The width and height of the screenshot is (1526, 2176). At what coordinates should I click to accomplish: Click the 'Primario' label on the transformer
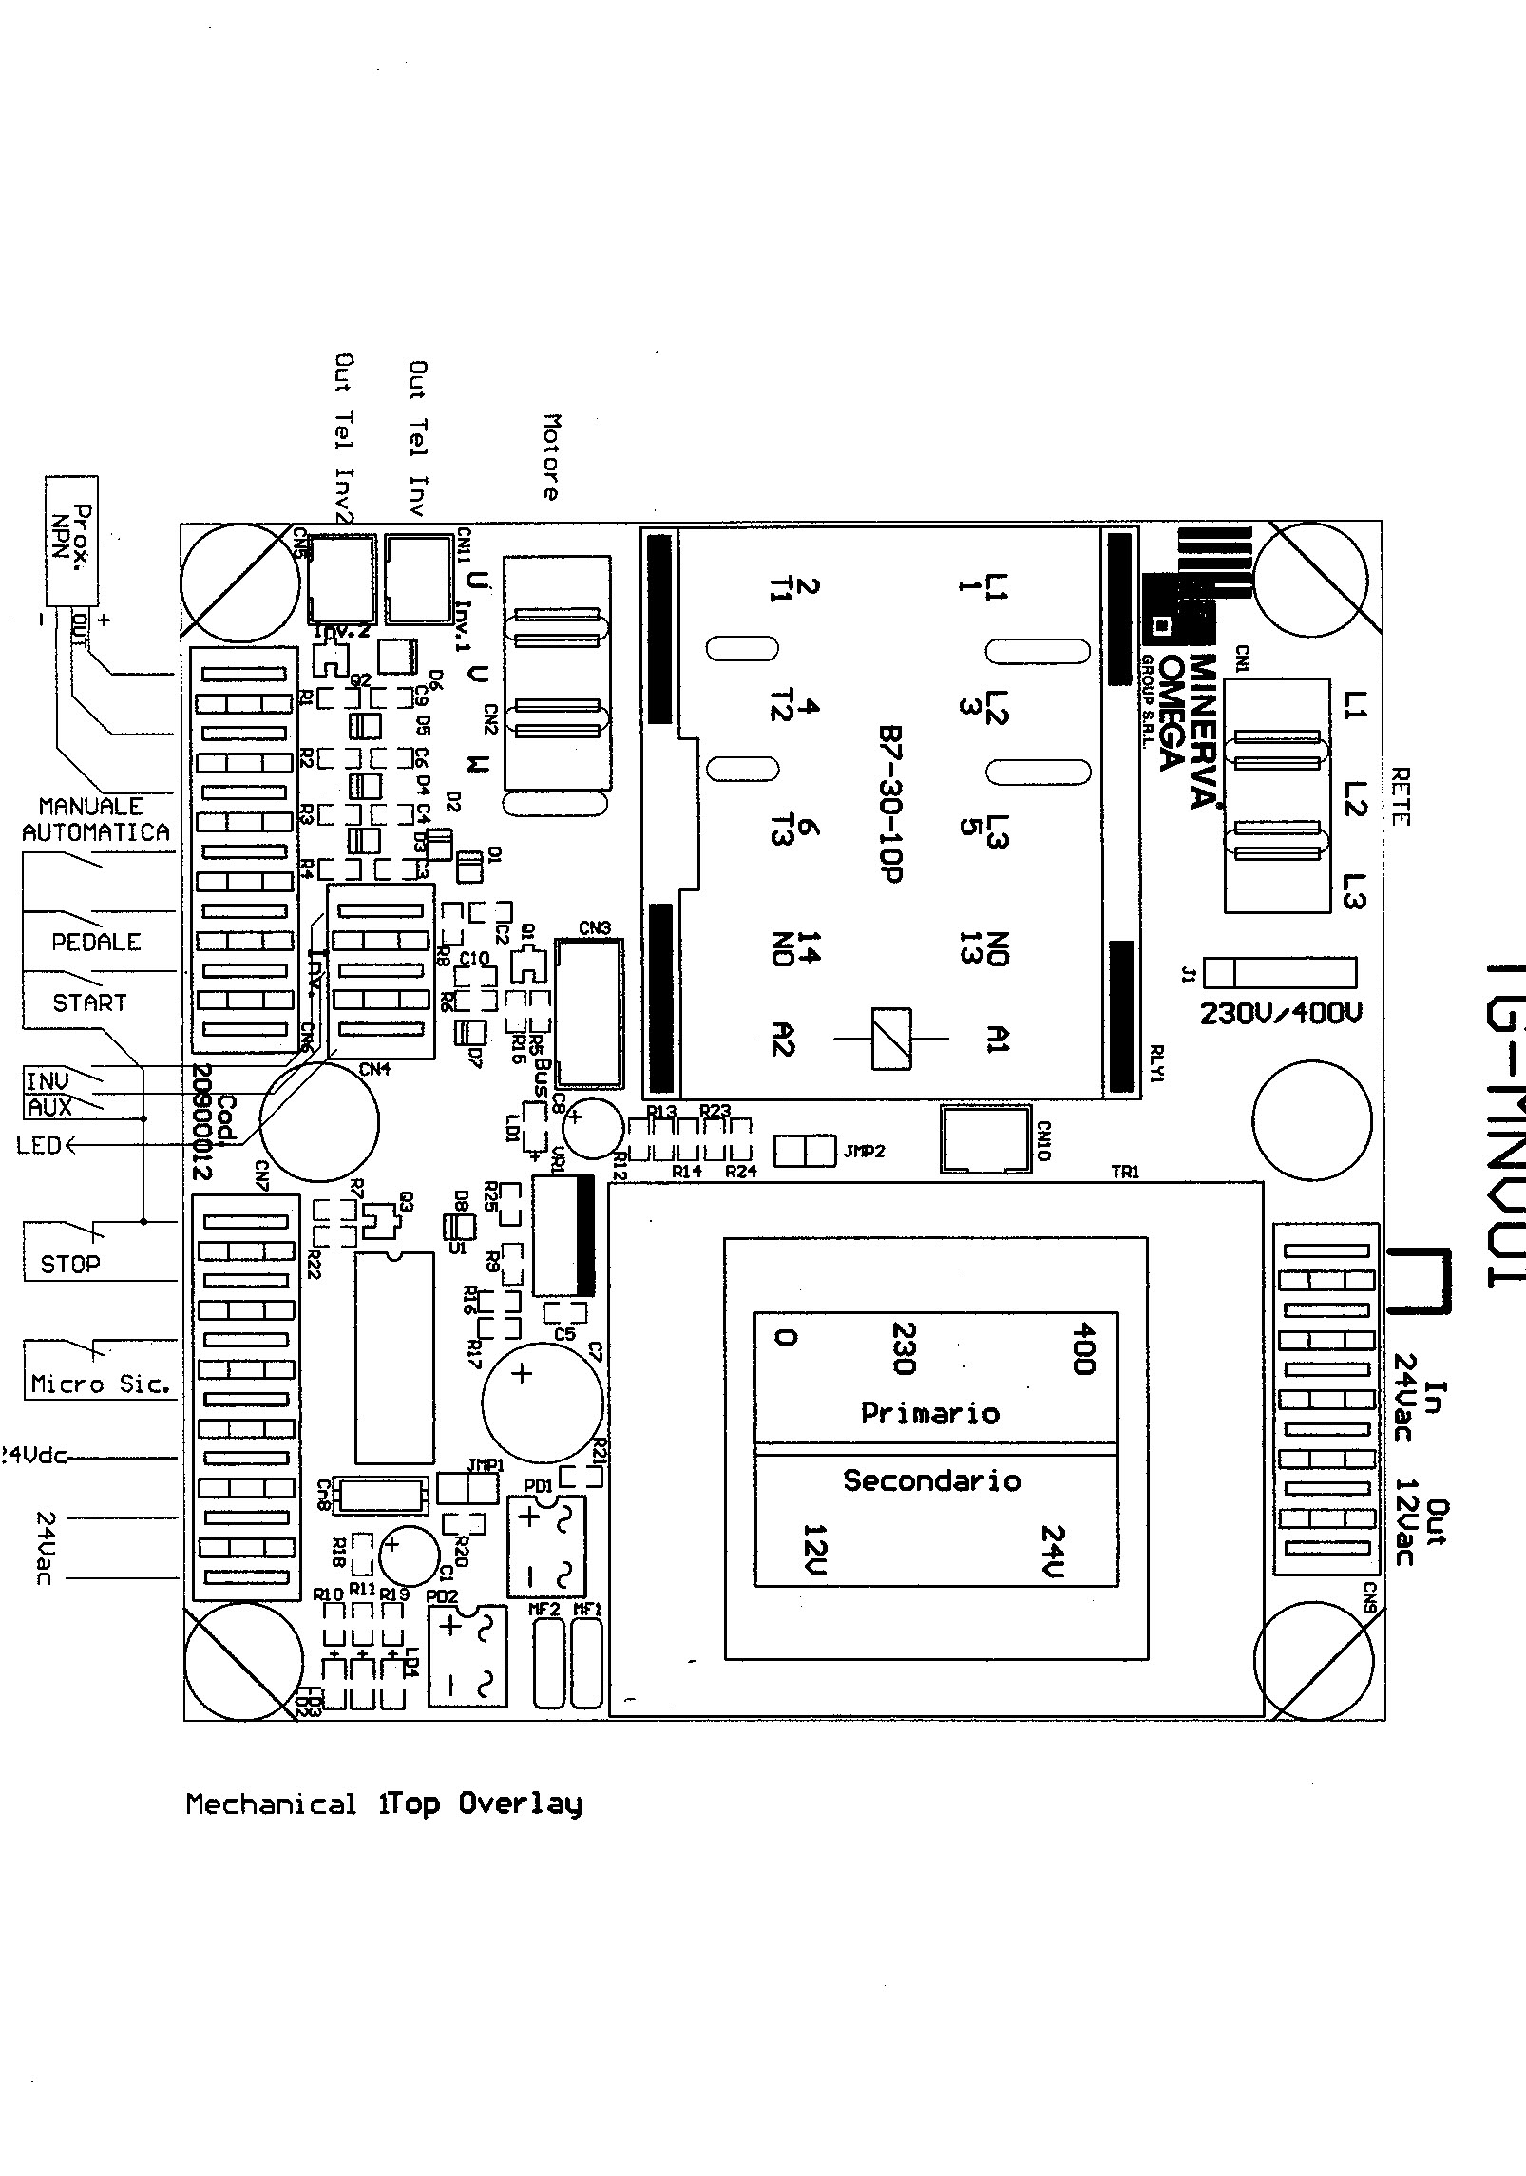[929, 1413]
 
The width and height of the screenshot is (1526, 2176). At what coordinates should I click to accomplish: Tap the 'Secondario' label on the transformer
[931, 1480]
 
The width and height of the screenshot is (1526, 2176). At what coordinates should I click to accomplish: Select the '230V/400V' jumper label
[1280, 1014]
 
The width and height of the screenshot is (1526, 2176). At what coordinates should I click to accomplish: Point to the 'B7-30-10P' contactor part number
[890, 806]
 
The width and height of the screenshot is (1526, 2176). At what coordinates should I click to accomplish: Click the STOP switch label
[69, 1265]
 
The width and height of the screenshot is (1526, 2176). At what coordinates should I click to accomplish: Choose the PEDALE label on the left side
[96, 943]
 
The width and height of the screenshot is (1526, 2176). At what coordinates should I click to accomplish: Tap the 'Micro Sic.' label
[101, 1384]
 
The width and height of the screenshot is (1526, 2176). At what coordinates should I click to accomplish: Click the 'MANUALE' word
[91, 807]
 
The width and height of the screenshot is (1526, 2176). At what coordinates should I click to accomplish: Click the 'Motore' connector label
[551, 456]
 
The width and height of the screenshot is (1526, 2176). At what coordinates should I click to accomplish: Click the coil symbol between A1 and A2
[891, 1040]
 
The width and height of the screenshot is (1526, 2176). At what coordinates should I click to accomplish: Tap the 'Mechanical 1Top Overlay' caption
[383, 1804]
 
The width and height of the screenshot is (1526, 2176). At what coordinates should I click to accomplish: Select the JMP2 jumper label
[864, 1151]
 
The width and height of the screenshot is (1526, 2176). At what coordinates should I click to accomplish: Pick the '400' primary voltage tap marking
[1081, 1348]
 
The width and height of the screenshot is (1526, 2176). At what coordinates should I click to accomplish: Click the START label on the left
[89, 1002]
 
